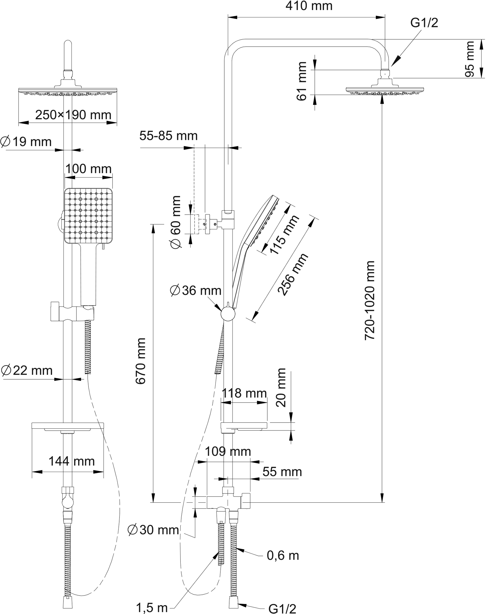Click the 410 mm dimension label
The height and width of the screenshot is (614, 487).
point(309,6)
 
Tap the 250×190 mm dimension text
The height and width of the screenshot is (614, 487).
point(73,115)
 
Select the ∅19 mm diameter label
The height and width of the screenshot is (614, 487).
point(26,141)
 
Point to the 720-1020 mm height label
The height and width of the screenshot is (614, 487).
point(370,300)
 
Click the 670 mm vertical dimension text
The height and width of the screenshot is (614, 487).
point(140,361)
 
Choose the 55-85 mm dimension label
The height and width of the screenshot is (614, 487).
point(168,136)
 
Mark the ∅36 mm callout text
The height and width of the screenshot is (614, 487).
point(195,291)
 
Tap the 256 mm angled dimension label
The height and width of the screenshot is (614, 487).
point(293,274)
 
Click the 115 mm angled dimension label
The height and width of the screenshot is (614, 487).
point(284,234)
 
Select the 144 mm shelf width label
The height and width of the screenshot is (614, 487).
point(71,461)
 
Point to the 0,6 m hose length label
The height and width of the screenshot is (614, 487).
point(283,555)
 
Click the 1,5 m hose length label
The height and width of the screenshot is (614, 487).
point(152,608)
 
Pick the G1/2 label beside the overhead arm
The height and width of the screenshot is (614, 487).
point(424,23)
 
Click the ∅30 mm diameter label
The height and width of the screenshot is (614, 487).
point(153,530)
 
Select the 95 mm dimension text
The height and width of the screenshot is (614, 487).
point(470,59)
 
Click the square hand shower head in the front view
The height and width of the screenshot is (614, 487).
point(88,215)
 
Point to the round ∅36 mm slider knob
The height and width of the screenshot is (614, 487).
point(228,314)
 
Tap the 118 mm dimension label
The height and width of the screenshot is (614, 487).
point(244,393)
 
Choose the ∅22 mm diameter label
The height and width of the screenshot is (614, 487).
point(27,370)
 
